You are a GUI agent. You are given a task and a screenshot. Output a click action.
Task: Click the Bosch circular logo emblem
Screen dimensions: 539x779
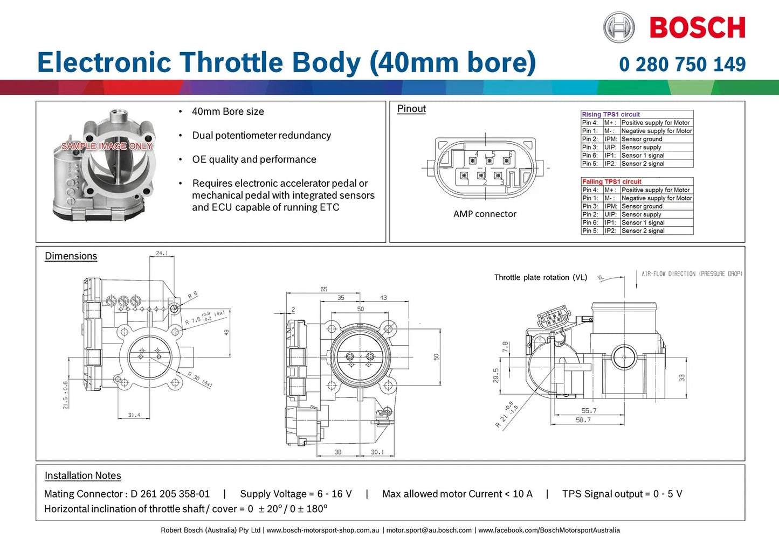[619, 27]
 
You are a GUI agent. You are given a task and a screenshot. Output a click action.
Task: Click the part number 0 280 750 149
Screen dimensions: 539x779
[682, 65]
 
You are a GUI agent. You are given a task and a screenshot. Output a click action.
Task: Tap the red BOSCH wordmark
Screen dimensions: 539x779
[698, 27]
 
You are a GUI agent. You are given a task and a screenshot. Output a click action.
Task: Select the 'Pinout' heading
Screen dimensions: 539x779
[411, 109]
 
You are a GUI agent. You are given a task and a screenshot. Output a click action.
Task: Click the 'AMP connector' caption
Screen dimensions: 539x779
[485, 214]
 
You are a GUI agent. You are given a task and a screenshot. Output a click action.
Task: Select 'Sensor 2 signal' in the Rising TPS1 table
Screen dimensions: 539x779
[643, 164]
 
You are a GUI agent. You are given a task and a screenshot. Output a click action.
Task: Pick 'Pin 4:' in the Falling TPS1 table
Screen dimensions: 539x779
[590, 190]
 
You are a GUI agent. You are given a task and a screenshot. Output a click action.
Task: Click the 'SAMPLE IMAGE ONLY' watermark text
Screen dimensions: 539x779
[107, 146]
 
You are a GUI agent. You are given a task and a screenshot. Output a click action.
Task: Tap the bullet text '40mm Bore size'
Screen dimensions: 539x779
[228, 111]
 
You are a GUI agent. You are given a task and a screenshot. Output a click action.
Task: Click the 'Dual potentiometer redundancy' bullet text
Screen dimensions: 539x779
[261, 136]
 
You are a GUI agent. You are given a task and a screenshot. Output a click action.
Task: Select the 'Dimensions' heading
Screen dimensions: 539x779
[71, 256]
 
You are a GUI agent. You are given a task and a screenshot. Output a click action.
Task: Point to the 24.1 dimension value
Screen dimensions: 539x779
[162, 253]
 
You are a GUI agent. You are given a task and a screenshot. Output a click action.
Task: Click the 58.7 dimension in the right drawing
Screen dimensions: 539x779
[583, 420]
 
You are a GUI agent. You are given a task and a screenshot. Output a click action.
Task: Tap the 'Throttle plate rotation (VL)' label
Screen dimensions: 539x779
[540, 277]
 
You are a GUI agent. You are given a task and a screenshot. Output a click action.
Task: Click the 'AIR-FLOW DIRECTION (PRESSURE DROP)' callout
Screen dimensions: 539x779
[692, 274]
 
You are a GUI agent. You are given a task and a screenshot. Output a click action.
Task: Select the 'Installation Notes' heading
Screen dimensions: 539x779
[82, 475]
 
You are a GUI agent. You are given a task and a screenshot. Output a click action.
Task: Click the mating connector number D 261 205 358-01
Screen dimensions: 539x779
[170, 494]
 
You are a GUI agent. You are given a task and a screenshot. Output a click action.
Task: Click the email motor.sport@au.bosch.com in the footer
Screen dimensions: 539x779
[429, 530]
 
